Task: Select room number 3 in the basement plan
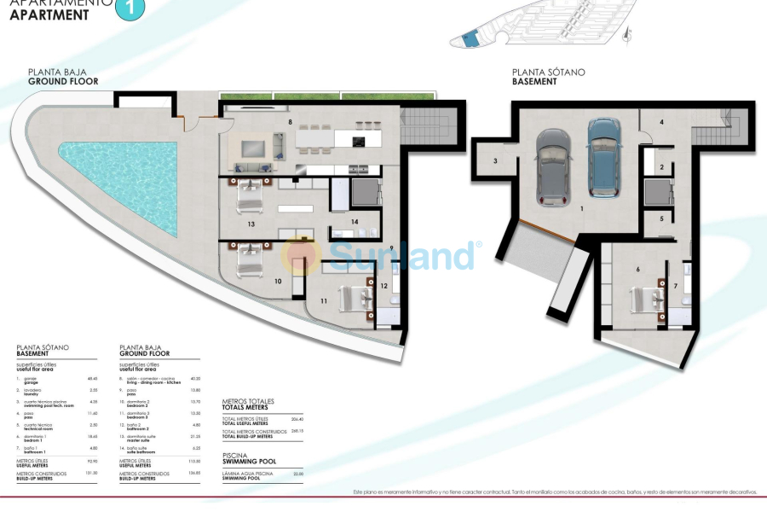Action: [493, 160]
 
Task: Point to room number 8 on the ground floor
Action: [291, 123]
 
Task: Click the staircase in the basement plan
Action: [712, 131]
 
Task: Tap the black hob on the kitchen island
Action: [359, 141]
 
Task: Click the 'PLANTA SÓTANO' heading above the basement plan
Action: [548, 73]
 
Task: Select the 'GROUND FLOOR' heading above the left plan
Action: [63, 82]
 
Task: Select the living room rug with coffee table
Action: [253, 148]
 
